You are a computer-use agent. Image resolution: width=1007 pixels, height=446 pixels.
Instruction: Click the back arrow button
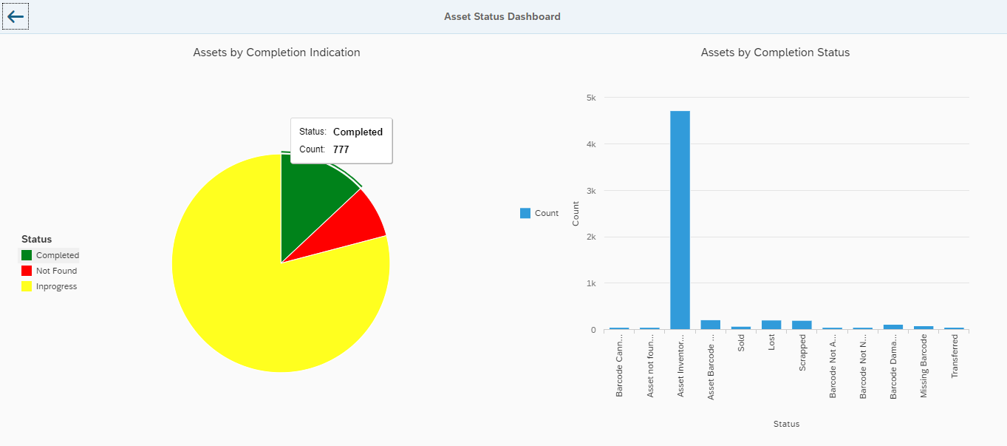click(x=16, y=16)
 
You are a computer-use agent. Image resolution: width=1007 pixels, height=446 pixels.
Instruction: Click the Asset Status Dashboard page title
click(x=502, y=16)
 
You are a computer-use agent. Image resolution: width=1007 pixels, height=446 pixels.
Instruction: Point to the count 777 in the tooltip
click(x=341, y=149)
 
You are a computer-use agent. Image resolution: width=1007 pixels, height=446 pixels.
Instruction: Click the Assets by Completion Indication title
click(x=276, y=53)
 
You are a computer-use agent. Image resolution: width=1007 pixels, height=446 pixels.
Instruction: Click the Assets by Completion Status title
click(x=775, y=53)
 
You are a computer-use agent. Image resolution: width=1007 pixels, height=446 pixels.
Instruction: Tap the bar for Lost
click(x=771, y=325)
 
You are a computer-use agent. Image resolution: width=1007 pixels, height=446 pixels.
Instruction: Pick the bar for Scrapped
click(x=802, y=325)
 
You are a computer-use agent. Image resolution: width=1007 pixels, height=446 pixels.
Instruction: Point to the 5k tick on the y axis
click(x=590, y=98)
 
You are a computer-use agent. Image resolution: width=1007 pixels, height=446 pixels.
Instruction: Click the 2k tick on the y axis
click(x=590, y=237)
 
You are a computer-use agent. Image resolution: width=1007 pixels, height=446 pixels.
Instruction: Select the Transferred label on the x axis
click(x=954, y=357)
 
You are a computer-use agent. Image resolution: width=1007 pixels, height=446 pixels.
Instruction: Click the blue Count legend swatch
click(x=525, y=213)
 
